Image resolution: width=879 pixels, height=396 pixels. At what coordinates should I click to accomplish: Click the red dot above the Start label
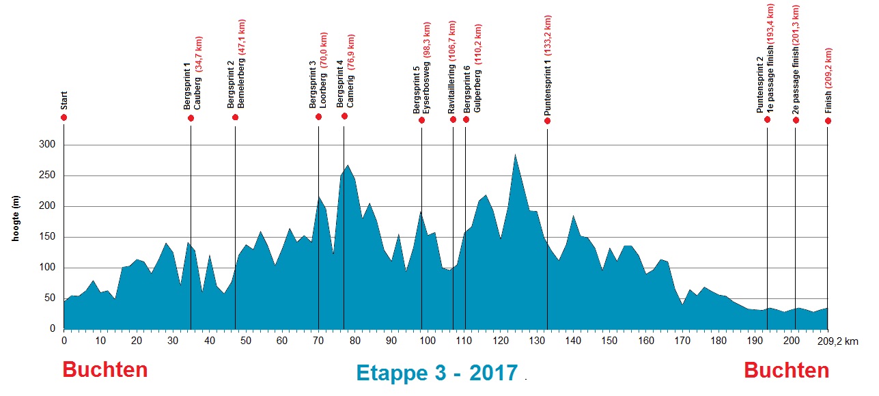(x=64, y=117)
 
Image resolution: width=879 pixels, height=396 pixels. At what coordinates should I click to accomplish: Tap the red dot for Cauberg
(x=191, y=118)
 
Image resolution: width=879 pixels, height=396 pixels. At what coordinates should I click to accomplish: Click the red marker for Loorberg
(x=318, y=117)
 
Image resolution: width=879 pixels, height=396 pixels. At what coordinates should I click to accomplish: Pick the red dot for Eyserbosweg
(x=421, y=120)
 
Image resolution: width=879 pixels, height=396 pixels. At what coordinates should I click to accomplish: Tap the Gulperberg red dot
(x=466, y=119)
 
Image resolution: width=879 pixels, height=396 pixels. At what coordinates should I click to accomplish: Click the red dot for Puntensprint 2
(x=767, y=119)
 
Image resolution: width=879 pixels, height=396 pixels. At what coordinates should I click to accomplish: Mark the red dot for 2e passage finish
(x=796, y=120)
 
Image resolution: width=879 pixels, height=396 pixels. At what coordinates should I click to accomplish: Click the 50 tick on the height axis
(x=48, y=298)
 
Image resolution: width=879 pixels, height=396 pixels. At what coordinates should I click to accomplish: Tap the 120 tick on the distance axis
(x=500, y=340)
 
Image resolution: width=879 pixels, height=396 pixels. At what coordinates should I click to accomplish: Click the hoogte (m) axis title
(x=16, y=218)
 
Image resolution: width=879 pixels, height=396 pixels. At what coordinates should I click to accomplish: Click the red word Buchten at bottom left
(x=105, y=370)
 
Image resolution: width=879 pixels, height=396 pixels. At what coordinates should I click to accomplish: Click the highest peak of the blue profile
(x=515, y=154)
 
